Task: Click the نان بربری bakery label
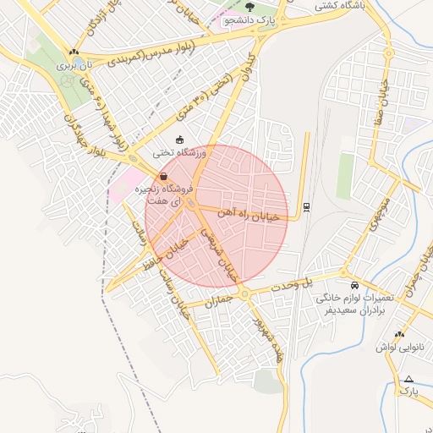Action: [73, 64]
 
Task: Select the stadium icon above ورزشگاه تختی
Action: [179, 140]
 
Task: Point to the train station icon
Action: [305, 206]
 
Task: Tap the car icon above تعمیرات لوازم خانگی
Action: [354, 285]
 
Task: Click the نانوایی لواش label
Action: [392, 347]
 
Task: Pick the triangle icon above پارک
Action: [409, 379]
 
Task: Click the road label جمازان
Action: [218, 300]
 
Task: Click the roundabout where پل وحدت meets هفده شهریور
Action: [244, 294]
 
